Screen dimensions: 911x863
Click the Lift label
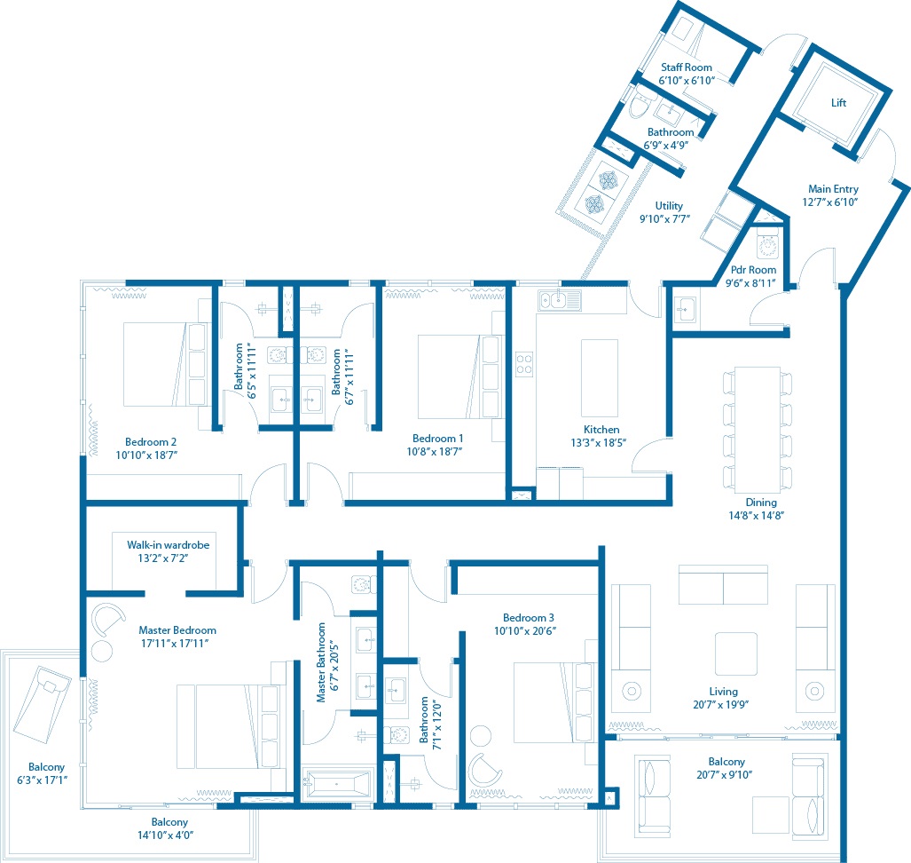[838, 103]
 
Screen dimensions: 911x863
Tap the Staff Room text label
[687, 67]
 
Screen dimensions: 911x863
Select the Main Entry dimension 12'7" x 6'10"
[830, 202]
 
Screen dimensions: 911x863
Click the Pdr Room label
[753, 270]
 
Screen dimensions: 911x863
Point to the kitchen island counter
[600, 378]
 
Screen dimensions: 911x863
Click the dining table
[757, 430]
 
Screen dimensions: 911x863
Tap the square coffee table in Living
[736, 653]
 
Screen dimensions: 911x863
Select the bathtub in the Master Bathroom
[337, 784]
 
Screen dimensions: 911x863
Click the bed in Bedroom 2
[165, 365]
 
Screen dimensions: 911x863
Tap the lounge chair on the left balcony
[42, 704]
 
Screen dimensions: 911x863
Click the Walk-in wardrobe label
[168, 545]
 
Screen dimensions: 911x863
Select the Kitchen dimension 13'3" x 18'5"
[599, 443]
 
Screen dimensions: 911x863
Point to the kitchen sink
[560, 300]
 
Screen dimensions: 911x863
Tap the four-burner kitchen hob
[524, 364]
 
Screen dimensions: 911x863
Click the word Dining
[761, 503]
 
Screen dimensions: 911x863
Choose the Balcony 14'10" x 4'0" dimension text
[166, 835]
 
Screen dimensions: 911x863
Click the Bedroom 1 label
[437, 439]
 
